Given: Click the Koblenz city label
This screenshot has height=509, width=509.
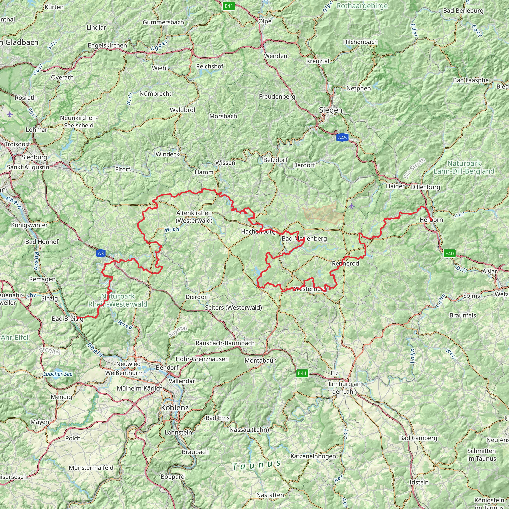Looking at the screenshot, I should [175, 408].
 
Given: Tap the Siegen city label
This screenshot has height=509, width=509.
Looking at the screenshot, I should [331, 110].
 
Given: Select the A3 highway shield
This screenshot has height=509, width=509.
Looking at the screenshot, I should [101, 254].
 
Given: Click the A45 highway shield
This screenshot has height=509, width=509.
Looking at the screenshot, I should [342, 137].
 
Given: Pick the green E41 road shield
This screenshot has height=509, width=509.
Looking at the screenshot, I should [228, 6].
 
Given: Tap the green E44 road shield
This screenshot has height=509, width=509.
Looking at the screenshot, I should [302, 373].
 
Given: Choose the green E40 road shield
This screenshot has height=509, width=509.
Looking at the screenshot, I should [449, 254].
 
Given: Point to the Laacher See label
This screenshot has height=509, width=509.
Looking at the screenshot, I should [58, 374].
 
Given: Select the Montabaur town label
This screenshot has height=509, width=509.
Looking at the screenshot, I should [260, 360].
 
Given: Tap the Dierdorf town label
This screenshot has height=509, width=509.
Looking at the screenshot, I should [197, 297].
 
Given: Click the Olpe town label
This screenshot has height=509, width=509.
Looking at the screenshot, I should [265, 21].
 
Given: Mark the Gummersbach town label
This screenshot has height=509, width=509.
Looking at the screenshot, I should [163, 22].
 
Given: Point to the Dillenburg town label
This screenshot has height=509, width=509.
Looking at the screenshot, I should [425, 187].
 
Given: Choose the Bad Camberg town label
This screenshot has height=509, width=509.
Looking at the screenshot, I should [418, 438].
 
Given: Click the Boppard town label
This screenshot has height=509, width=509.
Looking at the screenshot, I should [172, 477].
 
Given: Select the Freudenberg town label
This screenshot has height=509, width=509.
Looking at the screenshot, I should [277, 97].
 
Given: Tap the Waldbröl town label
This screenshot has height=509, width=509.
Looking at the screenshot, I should [182, 110].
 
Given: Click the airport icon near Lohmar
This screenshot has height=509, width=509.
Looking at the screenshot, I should [10, 114].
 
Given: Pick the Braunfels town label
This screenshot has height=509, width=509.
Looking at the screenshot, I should [463, 315].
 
